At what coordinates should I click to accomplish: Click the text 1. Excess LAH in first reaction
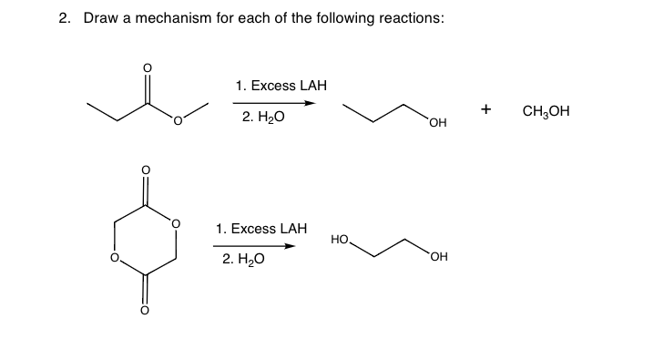pos(281,86)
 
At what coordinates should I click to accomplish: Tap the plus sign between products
pos(486,109)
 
